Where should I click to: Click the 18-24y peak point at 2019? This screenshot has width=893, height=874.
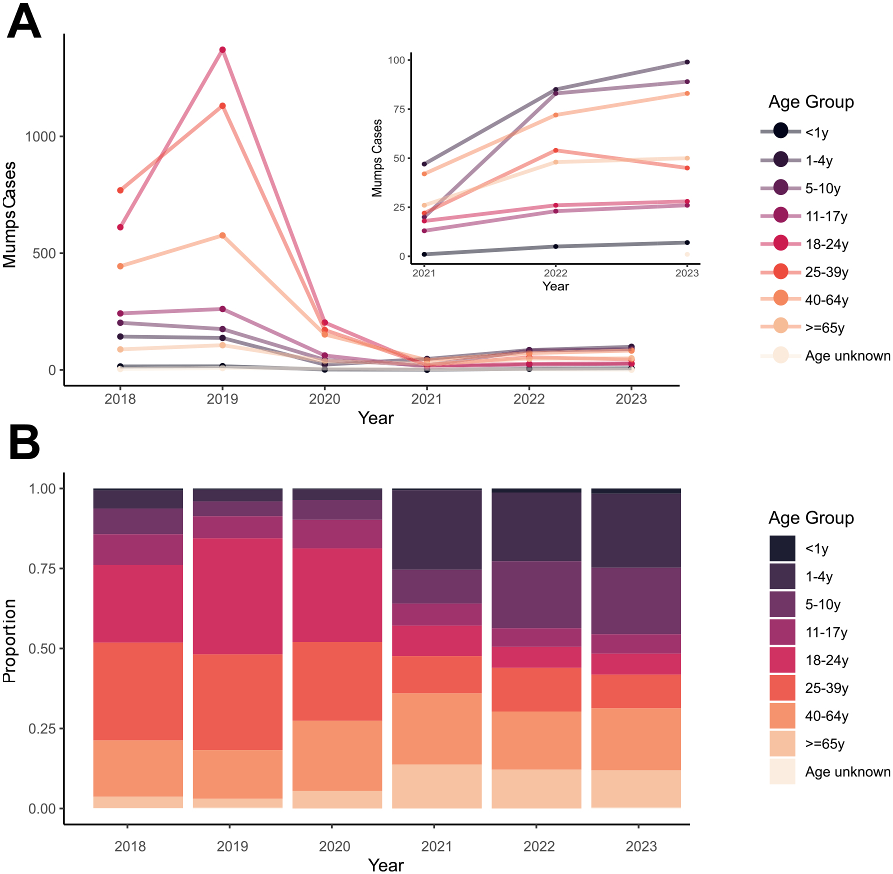pyautogui.click(x=222, y=50)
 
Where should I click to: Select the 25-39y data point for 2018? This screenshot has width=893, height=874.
pyautogui.click(x=120, y=190)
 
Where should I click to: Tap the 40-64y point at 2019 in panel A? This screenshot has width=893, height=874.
pyautogui.click(x=222, y=235)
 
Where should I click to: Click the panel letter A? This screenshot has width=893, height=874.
pyautogui.click(x=23, y=22)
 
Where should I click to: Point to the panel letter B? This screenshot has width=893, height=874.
pyautogui.click(x=24, y=442)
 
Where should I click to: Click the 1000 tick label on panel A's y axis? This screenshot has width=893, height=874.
pyautogui.click(x=40, y=136)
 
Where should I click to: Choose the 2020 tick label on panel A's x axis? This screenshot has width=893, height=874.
pyautogui.click(x=324, y=399)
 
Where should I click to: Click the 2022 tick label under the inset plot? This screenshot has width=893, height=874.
pyautogui.click(x=555, y=273)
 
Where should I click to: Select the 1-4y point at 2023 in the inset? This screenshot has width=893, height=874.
pyautogui.click(x=687, y=62)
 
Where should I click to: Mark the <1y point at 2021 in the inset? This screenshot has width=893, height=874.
pyautogui.click(x=424, y=254)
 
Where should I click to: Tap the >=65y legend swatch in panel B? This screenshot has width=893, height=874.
pyautogui.click(x=782, y=744)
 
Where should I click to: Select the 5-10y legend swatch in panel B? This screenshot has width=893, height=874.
pyautogui.click(x=782, y=604)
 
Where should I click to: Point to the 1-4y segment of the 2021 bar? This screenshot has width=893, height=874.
pyautogui.click(x=436, y=530)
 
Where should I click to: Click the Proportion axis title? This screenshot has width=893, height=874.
pyautogui.click(x=10, y=640)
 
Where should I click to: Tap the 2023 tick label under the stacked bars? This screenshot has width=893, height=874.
pyautogui.click(x=641, y=846)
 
